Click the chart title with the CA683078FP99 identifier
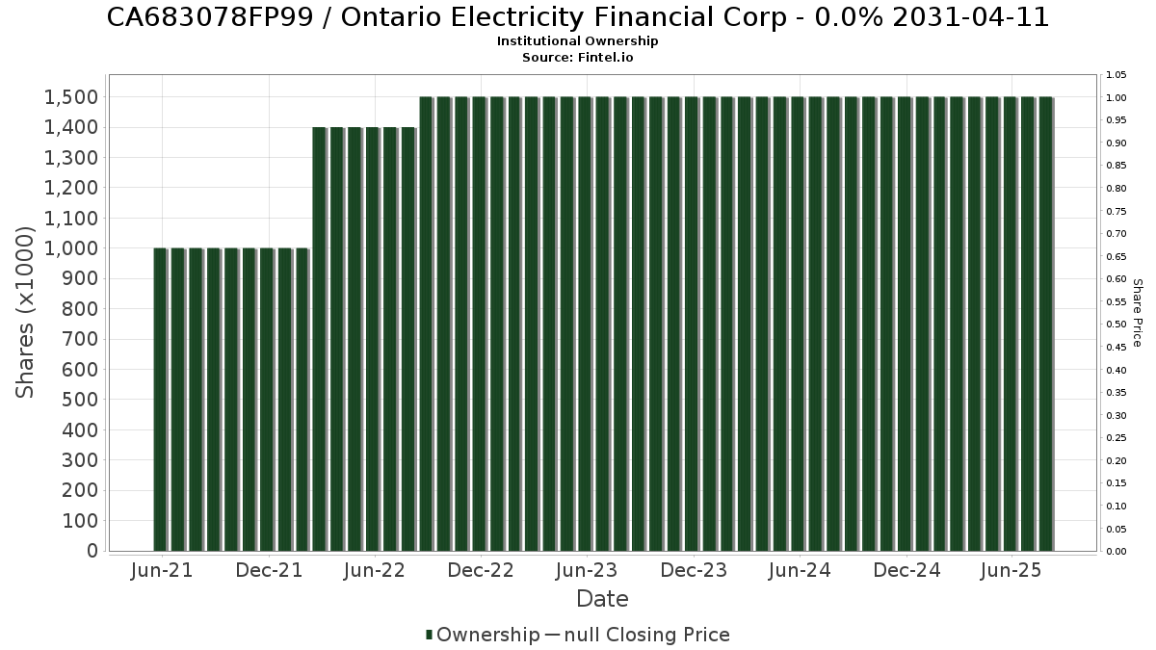(577, 17)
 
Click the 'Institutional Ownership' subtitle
(577, 41)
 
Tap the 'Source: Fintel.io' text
(577, 57)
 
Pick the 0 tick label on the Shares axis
(92, 551)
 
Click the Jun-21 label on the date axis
(161, 570)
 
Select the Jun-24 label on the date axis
(800, 570)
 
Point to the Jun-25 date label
(1011, 570)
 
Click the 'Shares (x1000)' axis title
(26, 312)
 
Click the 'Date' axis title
(602, 599)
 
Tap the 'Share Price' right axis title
(1137, 312)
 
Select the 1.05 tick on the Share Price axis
(1117, 75)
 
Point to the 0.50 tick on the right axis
(1117, 325)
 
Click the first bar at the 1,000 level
(160, 400)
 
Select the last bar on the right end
(1045, 325)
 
